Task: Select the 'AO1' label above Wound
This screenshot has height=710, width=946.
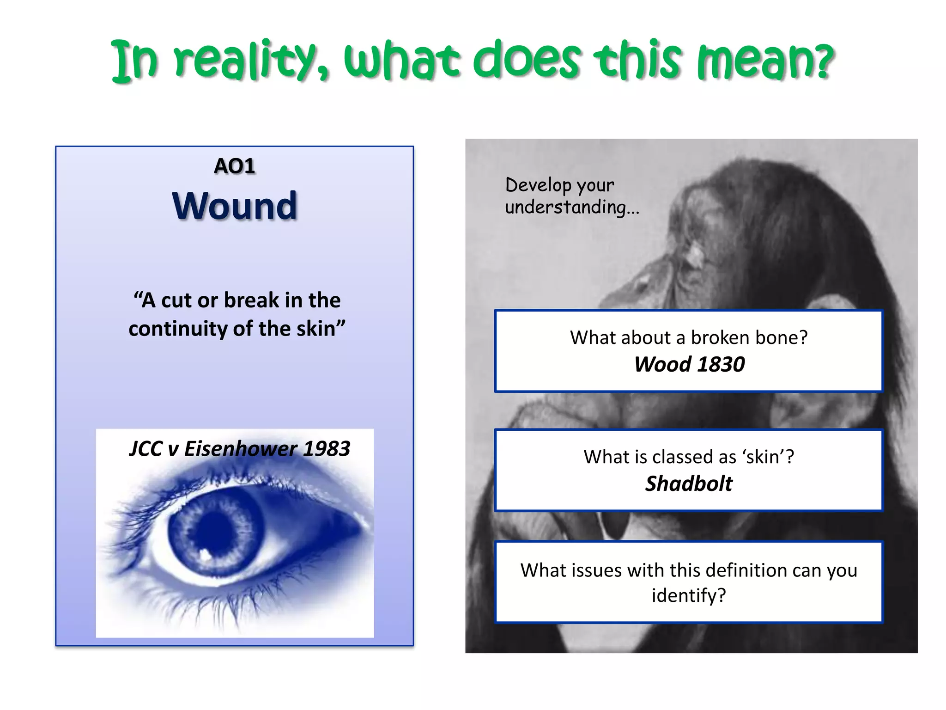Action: pos(235,166)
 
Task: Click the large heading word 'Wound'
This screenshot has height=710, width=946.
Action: pos(235,206)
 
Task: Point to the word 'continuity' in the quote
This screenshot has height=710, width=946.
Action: pos(177,329)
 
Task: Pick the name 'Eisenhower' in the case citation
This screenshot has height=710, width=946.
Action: pos(240,449)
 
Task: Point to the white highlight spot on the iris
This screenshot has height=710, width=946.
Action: pos(205,553)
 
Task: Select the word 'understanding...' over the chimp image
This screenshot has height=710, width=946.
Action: pos(572,207)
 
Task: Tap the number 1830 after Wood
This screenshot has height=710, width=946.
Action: pos(721,365)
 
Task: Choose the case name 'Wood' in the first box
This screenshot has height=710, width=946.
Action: pos(662,365)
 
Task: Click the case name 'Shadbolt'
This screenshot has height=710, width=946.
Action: pos(689,484)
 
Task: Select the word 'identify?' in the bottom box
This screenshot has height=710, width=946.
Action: pos(689,596)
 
